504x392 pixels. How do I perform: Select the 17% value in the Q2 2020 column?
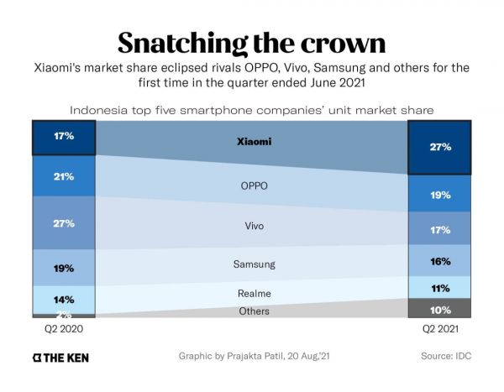click(64, 136)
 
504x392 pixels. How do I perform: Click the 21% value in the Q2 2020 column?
click(64, 177)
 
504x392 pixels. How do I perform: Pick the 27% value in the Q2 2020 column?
click(64, 223)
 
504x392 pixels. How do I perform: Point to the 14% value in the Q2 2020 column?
click(64, 298)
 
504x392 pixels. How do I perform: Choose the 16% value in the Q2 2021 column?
click(440, 261)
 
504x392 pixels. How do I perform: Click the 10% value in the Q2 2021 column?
click(440, 309)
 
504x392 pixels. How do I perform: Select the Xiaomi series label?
click(255, 141)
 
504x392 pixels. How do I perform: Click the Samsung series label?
click(253, 264)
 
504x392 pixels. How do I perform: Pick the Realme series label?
click(253, 293)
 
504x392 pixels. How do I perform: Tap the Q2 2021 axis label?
click(439, 329)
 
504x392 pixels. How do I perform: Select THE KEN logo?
click(60, 357)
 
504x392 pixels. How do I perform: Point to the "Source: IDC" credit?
click(446, 356)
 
